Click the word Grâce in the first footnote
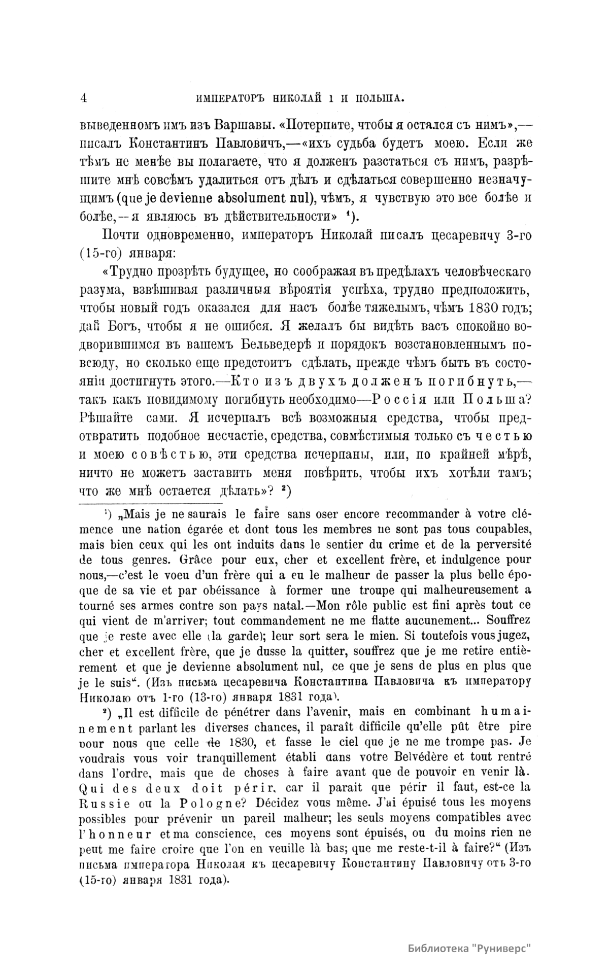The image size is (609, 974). pos(198,561)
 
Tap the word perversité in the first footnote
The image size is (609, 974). pos(498,545)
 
